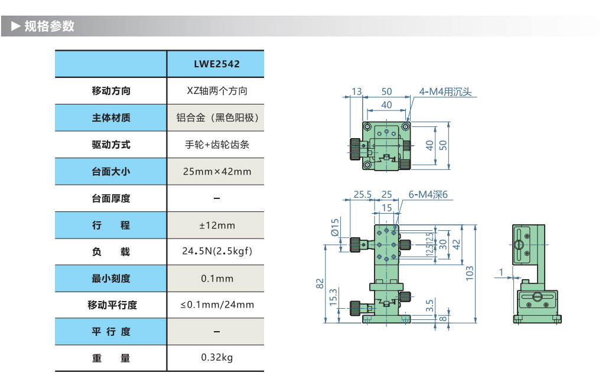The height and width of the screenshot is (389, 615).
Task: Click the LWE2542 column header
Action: click(216, 64)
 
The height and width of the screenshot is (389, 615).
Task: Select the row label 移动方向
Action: click(110, 91)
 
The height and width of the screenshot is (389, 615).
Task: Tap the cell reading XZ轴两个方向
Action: click(216, 91)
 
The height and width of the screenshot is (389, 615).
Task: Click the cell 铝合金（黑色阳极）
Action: click(216, 117)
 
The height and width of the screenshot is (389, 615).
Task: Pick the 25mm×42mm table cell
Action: click(216, 172)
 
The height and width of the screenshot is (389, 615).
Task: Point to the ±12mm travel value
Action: click(216, 225)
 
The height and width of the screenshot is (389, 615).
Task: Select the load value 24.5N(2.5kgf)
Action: click(216, 251)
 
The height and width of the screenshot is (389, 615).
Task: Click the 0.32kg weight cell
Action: click(216, 358)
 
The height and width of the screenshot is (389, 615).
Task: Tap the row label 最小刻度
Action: click(110, 279)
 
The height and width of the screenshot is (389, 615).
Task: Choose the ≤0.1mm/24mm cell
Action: click(216, 305)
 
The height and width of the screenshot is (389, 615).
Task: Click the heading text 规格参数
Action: click(50, 27)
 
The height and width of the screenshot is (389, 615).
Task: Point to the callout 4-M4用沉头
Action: click(446, 92)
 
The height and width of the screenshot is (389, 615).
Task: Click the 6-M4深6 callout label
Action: click(428, 195)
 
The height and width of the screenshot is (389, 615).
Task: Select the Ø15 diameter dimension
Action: click(335, 228)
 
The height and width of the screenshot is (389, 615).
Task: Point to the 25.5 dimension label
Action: click(362, 194)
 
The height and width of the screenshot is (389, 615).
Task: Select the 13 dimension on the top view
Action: click(356, 91)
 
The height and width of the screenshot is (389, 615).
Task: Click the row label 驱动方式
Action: click(110, 145)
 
